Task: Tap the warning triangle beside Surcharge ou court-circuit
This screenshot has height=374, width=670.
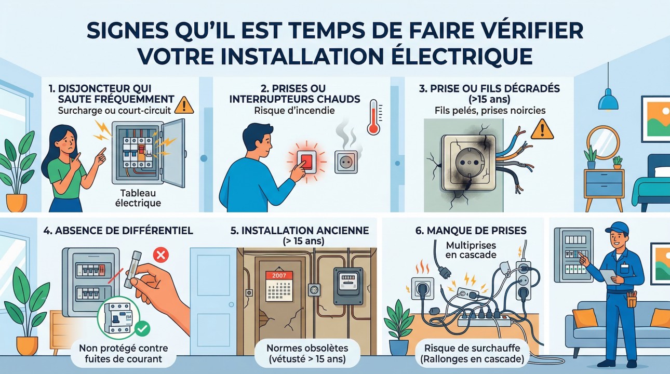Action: [184, 105]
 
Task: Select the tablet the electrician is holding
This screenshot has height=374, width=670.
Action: [607, 277]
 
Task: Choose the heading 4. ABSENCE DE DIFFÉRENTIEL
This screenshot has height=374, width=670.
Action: [118, 230]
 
